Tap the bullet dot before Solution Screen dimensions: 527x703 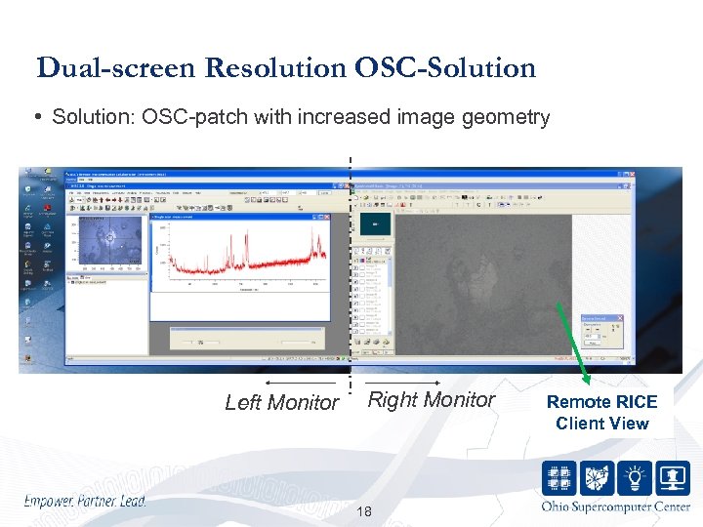coord(38,118)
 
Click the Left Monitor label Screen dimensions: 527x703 coord(281,402)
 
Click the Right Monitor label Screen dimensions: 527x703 coord(432,399)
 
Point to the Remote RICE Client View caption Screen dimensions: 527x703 coord(601,412)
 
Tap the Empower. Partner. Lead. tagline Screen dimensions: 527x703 coord(85,501)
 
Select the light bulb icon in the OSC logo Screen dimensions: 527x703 coord(634,477)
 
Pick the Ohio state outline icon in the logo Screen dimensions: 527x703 coord(597,477)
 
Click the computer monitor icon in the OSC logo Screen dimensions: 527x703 coord(672,477)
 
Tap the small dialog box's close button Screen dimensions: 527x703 coord(618,318)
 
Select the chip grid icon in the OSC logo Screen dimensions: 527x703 coord(559,477)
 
